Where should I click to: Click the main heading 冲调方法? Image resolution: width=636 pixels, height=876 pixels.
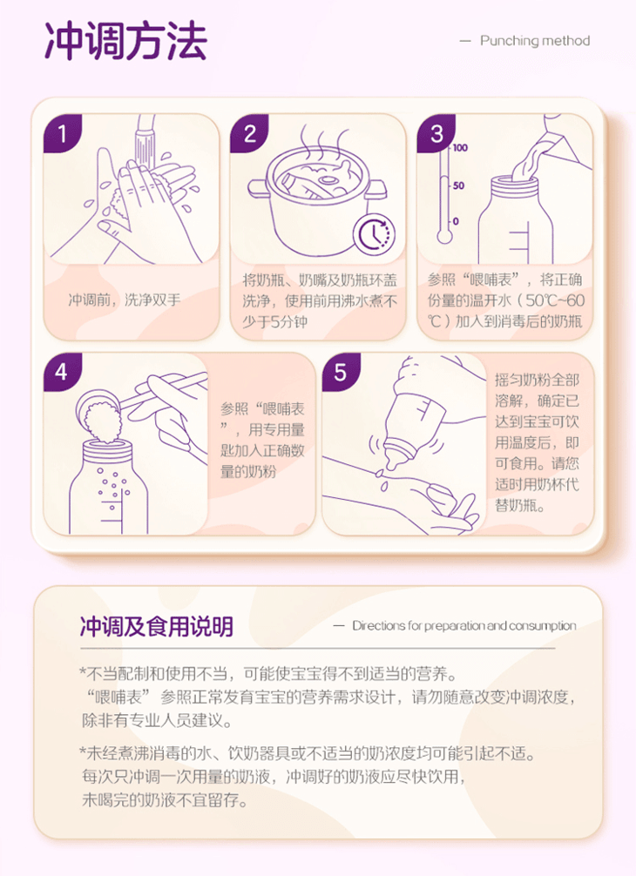(x=125, y=41)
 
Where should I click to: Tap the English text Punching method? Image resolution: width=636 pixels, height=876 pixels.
(x=535, y=41)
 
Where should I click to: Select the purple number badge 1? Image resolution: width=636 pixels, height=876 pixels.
(x=63, y=133)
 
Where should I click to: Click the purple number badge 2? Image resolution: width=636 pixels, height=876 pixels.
(x=249, y=133)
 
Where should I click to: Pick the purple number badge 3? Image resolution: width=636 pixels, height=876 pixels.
(x=436, y=133)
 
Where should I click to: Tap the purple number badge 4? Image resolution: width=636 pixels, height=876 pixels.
(x=63, y=372)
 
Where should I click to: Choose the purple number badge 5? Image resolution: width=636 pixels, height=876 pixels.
(x=341, y=372)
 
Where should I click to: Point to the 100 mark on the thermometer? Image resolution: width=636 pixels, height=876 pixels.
(x=460, y=148)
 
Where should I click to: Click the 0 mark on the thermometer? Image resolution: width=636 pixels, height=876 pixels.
(x=456, y=222)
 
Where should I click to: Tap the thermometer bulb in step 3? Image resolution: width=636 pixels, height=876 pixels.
(x=444, y=237)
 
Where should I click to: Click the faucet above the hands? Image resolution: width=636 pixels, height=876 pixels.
(x=145, y=138)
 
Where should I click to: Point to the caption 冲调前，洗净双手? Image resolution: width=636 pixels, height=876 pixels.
(x=124, y=300)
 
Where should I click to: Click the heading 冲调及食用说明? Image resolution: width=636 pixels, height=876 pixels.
(x=157, y=626)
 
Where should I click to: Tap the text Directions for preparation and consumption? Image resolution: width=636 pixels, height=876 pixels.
(x=463, y=626)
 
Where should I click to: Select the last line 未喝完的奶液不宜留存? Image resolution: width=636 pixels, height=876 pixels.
(x=165, y=800)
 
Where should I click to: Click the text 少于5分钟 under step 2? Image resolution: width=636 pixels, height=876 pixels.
(x=274, y=322)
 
